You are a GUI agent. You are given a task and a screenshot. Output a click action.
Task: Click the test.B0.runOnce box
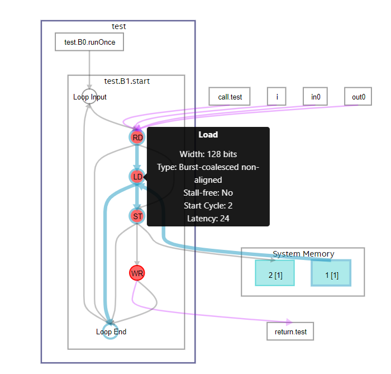coord(89,42)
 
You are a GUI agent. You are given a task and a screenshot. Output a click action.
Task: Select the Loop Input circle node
coord(89,97)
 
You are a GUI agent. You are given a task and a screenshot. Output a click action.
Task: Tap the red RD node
coord(137,137)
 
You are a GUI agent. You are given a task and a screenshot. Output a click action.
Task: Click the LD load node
coord(137,177)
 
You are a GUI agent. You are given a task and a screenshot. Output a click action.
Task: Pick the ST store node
coord(137,216)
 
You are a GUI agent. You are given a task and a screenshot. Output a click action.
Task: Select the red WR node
coord(137,273)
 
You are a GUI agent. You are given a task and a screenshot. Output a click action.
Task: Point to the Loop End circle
coord(111,332)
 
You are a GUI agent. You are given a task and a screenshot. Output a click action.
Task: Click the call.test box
coord(230,97)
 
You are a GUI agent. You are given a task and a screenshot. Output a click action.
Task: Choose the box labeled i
coord(276,97)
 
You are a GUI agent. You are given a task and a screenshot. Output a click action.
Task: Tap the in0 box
coord(316,97)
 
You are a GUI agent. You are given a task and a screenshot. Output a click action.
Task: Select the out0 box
coord(358,97)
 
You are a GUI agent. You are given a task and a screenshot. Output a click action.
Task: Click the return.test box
coord(290,332)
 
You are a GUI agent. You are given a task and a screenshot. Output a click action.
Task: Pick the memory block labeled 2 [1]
coord(275,273)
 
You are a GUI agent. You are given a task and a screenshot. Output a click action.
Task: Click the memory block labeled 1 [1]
coord(331,273)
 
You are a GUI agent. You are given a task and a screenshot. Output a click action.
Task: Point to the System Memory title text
coord(303,254)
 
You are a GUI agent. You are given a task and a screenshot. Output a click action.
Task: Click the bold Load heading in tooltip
coord(208,135)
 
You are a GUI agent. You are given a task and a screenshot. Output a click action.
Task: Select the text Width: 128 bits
coord(208,154)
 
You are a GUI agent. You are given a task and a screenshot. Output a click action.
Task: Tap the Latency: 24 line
coord(208,219)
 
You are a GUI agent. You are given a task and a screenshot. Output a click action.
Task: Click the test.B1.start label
coord(127,81)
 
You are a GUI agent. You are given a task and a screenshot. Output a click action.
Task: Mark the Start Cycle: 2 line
coord(208,206)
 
